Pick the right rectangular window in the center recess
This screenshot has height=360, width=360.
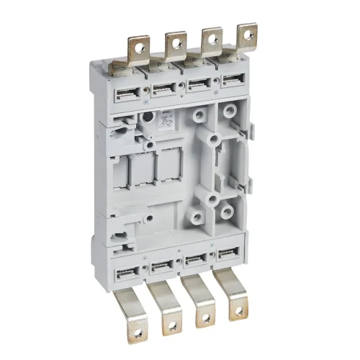[x=168, y=168]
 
